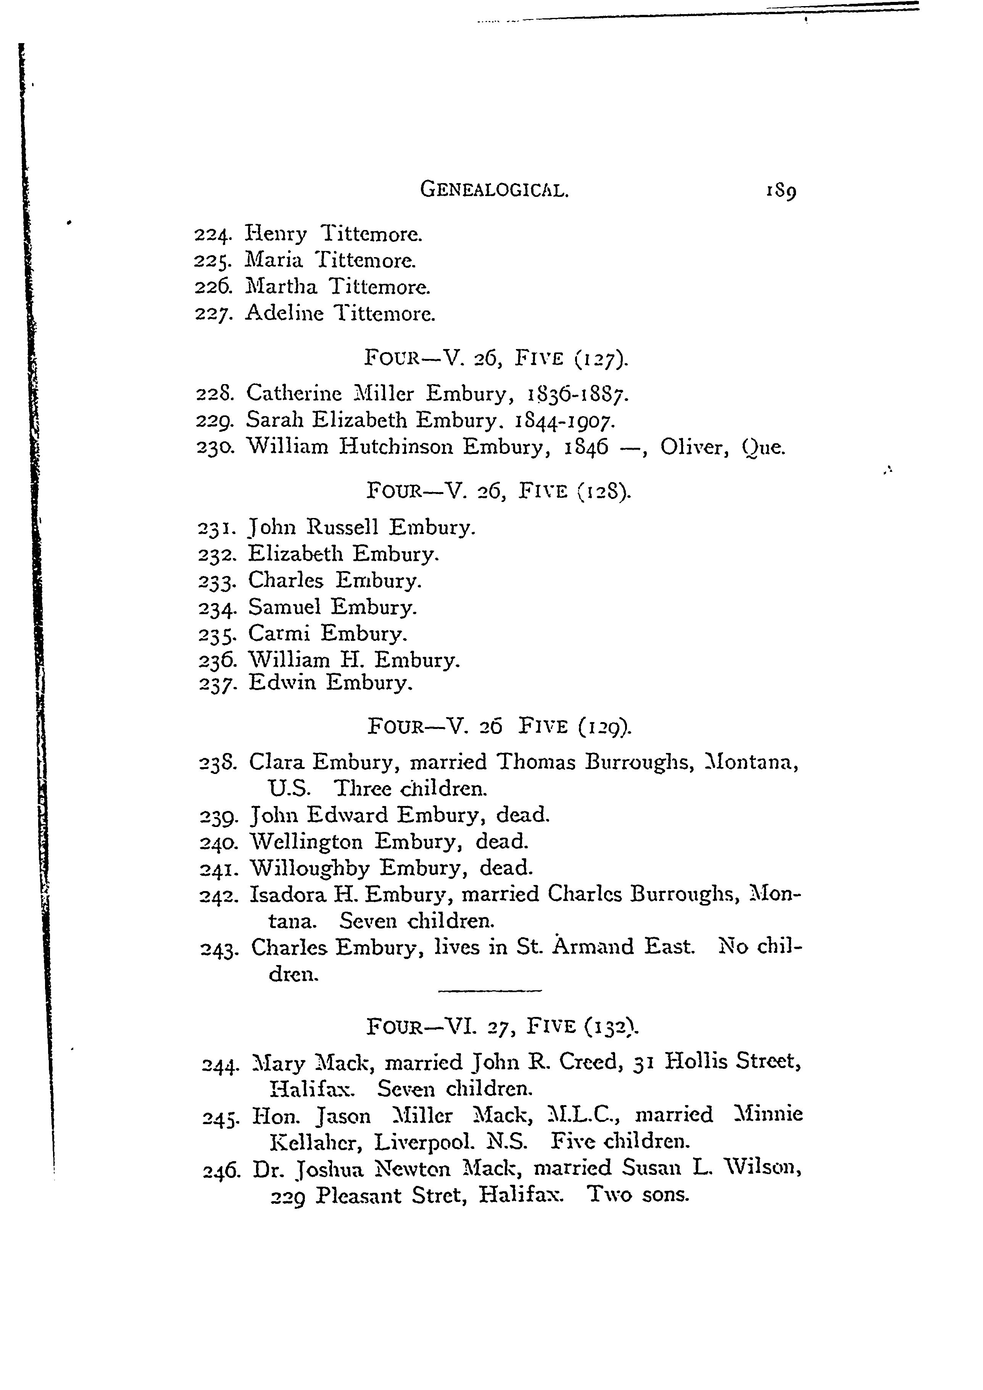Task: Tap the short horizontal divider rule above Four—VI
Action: tap(489, 991)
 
